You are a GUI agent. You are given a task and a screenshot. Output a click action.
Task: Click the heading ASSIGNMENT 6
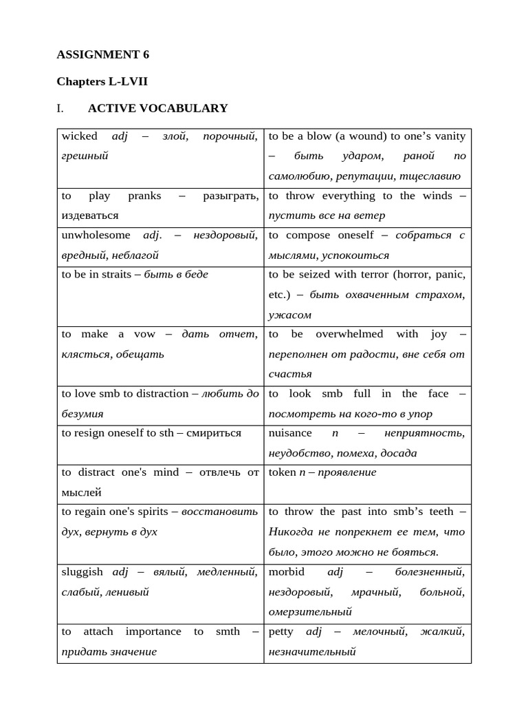(102, 54)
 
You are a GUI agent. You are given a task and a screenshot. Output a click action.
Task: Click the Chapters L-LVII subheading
(102, 81)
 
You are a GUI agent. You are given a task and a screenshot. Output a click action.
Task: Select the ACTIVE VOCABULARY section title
(157, 108)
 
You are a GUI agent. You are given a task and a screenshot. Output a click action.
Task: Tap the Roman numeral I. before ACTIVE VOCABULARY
(60, 108)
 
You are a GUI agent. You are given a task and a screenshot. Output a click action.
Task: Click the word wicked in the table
(79, 136)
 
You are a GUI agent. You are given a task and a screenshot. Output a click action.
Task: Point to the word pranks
(144, 196)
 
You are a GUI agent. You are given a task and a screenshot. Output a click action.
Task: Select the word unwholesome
(96, 235)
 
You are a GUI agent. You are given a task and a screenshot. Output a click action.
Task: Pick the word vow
(145, 334)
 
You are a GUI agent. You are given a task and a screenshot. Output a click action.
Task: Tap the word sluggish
(82, 571)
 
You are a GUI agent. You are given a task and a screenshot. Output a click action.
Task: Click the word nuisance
(290, 433)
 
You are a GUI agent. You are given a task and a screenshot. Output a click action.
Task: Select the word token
(282, 472)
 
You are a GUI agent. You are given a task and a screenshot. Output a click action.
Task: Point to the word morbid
(287, 571)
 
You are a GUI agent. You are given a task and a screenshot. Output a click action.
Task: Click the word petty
(281, 631)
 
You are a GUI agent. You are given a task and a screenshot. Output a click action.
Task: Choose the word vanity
(450, 136)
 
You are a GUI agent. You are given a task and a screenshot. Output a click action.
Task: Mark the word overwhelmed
(349, 334)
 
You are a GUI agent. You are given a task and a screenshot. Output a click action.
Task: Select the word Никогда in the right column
(289, 532)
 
